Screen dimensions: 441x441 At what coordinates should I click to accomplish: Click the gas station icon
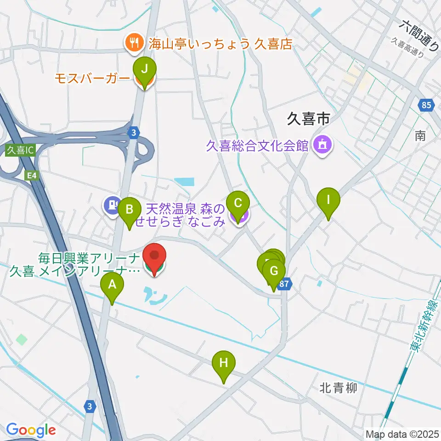point(112,204)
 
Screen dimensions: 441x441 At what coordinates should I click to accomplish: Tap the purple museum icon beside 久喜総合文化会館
point(322,146)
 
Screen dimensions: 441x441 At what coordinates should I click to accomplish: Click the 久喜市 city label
point(308,120)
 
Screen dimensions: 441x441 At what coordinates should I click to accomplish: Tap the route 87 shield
point(284,284)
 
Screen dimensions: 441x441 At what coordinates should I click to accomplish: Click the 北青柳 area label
point(338,389)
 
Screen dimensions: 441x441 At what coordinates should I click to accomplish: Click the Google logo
point(31,430)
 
